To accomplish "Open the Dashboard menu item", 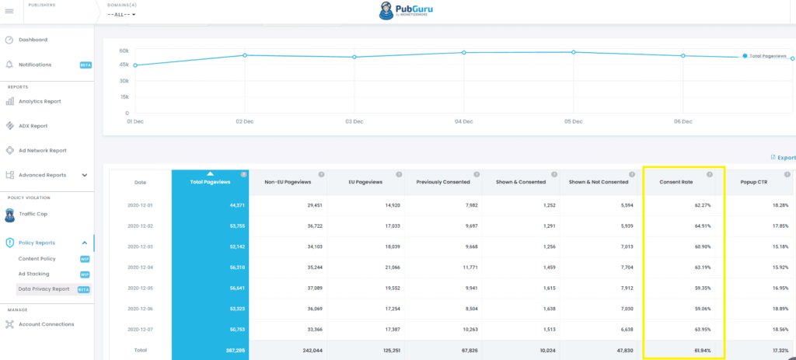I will point(33,40).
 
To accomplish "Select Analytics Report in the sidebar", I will point(40,101).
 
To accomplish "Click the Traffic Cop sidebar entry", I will point(33,213).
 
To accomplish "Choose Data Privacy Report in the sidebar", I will point(44,288).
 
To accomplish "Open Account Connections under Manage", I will point(46,324).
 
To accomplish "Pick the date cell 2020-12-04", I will point(140,267).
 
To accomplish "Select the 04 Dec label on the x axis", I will point(464,121).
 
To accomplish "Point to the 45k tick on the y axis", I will point(124,66).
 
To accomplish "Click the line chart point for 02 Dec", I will point(245,55).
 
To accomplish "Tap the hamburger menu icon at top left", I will point(9,11).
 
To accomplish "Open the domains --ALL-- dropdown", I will point(121,15).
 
